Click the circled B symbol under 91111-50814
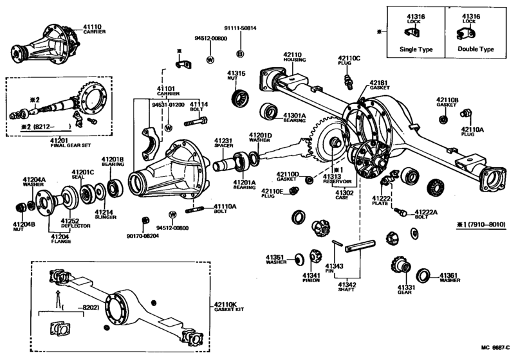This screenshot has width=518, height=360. [239, 53]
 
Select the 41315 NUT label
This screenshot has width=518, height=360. [236, 77]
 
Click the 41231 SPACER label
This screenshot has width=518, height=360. [223, 143]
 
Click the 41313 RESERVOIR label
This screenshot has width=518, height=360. [337, 179]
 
